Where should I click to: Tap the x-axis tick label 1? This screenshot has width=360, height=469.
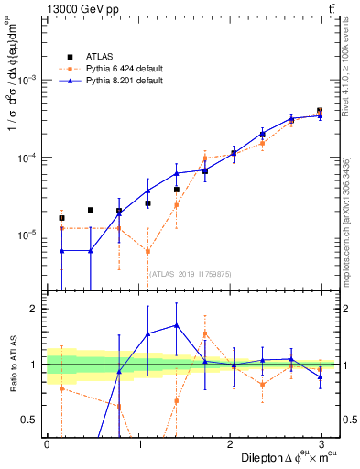pos(139,444)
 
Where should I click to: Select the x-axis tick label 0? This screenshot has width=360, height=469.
pos(47,444)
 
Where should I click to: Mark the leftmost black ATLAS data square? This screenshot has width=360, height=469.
pos(61,218)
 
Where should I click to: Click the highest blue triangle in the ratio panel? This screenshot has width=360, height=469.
pos(176,325)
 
